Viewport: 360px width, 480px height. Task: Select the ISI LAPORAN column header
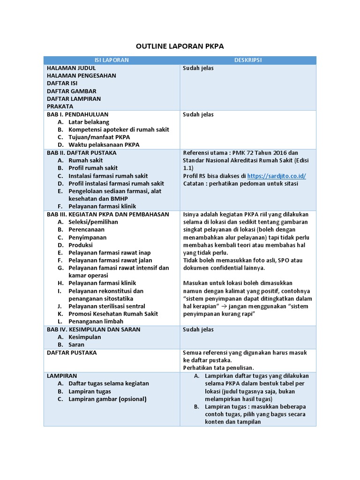112,60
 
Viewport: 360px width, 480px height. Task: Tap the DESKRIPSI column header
248,60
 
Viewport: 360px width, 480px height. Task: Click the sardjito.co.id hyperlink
277,176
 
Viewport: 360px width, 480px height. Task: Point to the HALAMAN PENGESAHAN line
82,75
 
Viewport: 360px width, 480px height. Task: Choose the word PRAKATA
60,106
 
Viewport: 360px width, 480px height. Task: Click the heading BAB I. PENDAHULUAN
78,114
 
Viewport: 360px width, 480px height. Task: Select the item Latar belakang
89,122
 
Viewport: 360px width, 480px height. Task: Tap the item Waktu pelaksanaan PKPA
104,145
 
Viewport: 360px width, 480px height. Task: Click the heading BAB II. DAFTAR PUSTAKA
82,153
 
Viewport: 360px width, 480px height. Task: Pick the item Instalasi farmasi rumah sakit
108,176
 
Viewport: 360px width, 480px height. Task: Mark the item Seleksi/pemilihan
93,222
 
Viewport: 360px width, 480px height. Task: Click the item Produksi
81,245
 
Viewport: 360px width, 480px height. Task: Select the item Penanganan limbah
96,322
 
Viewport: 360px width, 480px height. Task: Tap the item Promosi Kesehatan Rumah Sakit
113,314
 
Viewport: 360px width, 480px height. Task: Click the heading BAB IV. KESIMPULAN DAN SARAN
93,330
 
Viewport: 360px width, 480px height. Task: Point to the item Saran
76,345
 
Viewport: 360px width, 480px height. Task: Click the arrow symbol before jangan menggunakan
225,306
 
